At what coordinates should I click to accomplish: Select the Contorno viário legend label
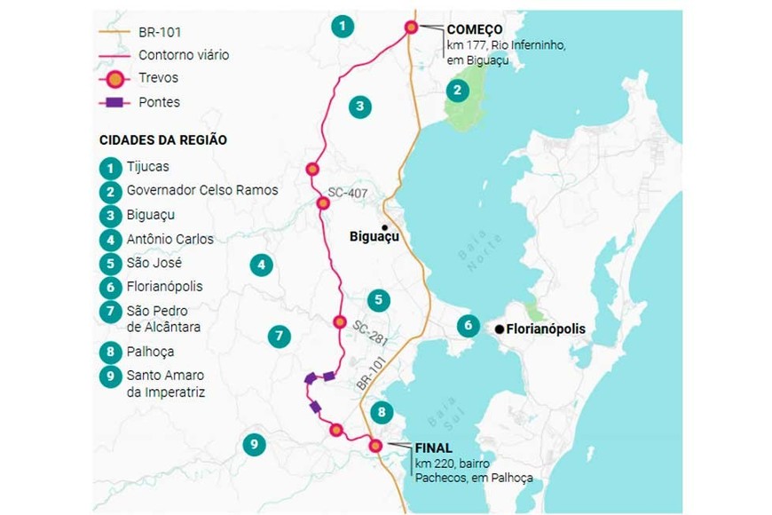(x=183, y=55)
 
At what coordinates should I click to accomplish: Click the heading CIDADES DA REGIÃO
(x=162, y=140)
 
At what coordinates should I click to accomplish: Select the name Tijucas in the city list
(x=147, y=167)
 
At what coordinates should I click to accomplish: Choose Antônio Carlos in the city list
(x=169, y=239)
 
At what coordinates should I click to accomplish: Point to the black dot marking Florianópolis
(x=500, y=329)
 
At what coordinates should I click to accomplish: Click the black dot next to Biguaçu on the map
(x=384, y=227)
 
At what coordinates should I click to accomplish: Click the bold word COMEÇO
(x=475, y=29)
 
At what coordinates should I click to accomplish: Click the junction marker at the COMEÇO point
(x=412, y=27)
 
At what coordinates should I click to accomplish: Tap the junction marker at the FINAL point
(x=375, y=446)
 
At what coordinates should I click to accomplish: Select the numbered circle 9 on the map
(x=254, y=445)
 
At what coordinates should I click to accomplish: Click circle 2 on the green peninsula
(x=457, y=90)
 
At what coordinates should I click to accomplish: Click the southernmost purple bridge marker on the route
(x=315, y=407)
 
